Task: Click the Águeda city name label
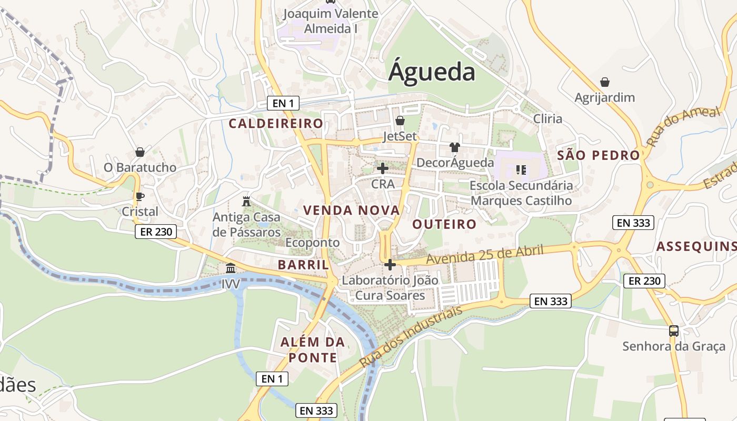(432, 72)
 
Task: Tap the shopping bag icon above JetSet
(400, 121)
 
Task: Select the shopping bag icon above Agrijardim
(605, 82)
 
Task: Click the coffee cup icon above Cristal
(140, 196)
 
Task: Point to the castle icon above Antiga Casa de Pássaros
(246, 201)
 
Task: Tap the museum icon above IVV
(231, 268)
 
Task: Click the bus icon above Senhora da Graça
(674, 331)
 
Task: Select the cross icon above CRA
(383, 168)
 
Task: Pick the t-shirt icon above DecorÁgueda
(455, 147)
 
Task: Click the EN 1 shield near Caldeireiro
(283, 104)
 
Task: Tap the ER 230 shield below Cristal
(155, 232)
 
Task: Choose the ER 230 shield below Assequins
(644, 281)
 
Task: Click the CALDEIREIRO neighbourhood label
(276, 124)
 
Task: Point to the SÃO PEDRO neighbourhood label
(598, 155)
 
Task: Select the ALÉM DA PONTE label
(312, 350)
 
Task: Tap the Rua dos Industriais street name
(411, 337)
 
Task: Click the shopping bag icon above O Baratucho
(140, 152)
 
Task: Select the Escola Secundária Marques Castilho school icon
(521, 169)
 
